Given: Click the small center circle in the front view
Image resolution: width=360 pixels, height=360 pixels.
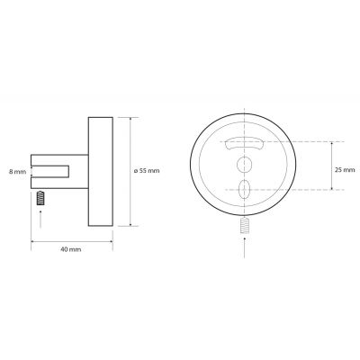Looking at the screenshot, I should point(241,165).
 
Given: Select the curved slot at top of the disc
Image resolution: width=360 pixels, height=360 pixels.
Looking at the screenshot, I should point(241,143).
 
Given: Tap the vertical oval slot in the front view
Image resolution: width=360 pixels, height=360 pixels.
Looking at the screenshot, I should point(241,190).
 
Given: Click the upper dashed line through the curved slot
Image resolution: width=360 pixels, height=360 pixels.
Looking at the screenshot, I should point(297,141).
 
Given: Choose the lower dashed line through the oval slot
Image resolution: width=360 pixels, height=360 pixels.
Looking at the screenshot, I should point(297,191).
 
